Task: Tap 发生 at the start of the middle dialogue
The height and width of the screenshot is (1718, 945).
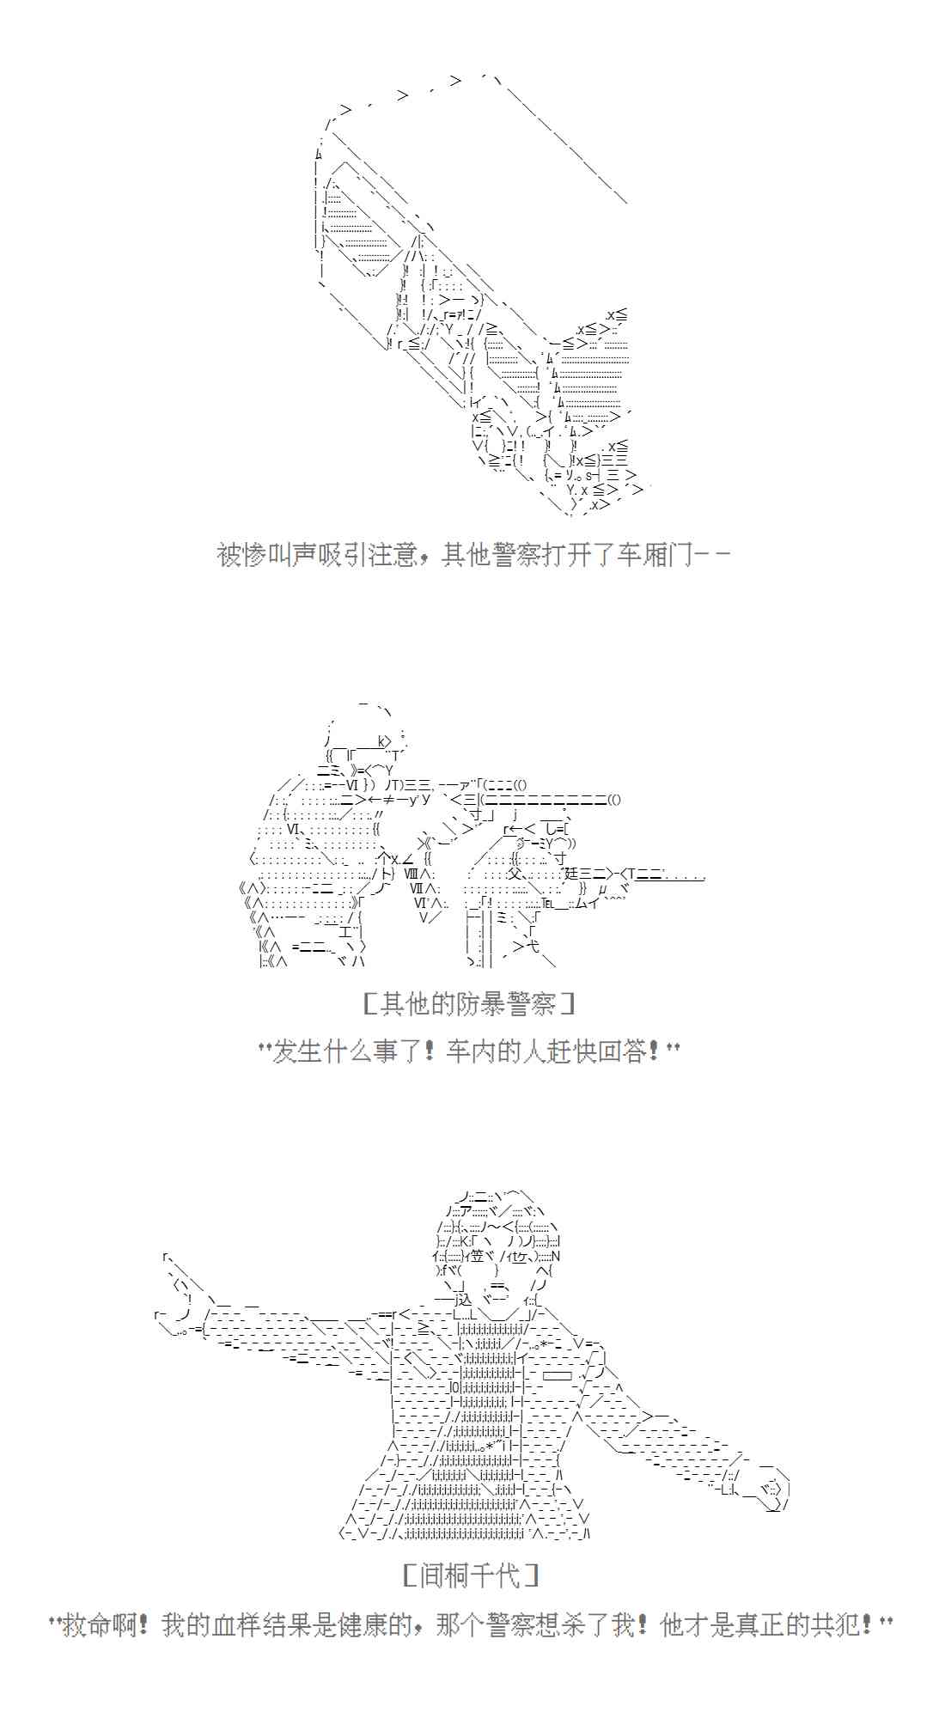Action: (x=297, y=1051)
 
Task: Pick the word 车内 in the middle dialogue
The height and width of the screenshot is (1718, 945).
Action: (x=472, y=1051)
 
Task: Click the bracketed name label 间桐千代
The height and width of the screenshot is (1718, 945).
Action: (x=471, y=1575)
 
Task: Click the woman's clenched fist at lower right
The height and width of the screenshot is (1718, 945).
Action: (x=765, y=1491)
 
